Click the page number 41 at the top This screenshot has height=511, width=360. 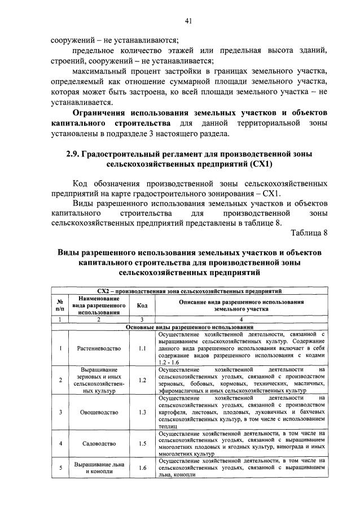(x=188, y=21)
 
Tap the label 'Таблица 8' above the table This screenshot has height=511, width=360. (x=309, y=233)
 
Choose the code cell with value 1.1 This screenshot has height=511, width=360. (x=142, y=348)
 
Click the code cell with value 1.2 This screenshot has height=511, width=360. (x=142, y=380)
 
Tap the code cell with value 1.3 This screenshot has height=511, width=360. (x=142, y=412)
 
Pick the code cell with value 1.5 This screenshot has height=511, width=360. (x=142, y=443)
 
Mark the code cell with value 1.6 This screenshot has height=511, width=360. (x=142, y=468)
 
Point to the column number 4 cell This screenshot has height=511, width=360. (x=240, y=320)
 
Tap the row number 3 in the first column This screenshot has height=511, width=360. (x=60, y=412)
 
